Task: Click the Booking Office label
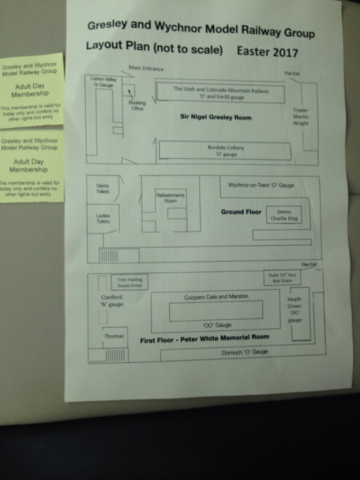tap(137, 106)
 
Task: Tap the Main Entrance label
tap(146, 68)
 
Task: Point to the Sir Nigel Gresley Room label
tap(216, 117)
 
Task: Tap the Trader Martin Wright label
tap(300, 117)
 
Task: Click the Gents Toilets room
tap(103, 188)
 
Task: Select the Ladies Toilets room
tap(103, 218)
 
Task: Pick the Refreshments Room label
tap(170, 198)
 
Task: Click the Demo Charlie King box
tap(284, 215)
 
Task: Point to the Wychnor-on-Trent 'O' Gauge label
tap(261, 185)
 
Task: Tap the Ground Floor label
tap(241, 212)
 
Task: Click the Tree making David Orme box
tap(129, 282)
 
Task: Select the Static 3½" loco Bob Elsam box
tap(282, 278)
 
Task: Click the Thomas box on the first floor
tap(114, 336)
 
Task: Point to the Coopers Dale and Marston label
tap(216, 297)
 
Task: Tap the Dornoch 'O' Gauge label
tap(245, 352)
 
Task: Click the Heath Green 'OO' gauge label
tap(295, 309)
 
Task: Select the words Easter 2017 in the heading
tap(267, 51)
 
